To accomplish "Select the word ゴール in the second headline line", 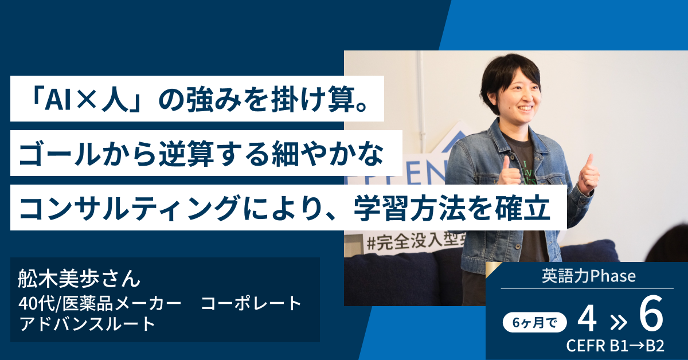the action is pyautogui.click(x=60, y=154).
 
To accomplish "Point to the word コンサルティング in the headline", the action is pyautogui.click(x=129, y=208).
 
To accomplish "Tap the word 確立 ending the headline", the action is pyautogui.click(x=522, y=208).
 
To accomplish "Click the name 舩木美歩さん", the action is pyautogui.click(x=79, y=279).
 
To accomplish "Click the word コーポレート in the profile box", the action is pyautogui.click(x=251, y=303).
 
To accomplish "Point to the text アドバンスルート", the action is pyautogui.click(x=87, y=324).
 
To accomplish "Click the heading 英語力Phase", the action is pyautogui.click(x=588, y=276).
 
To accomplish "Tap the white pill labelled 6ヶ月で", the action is pyautogui.click(x=535, y=323).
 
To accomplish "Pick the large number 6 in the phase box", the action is pyautogui.click(x=651, y=313).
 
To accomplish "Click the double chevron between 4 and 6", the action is pyautogui.click(x=618, y=323).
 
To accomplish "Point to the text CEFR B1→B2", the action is pyautogui.click(x=615, y=346).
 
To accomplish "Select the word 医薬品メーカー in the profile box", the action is pyautogui.click(x=122, y=303).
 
